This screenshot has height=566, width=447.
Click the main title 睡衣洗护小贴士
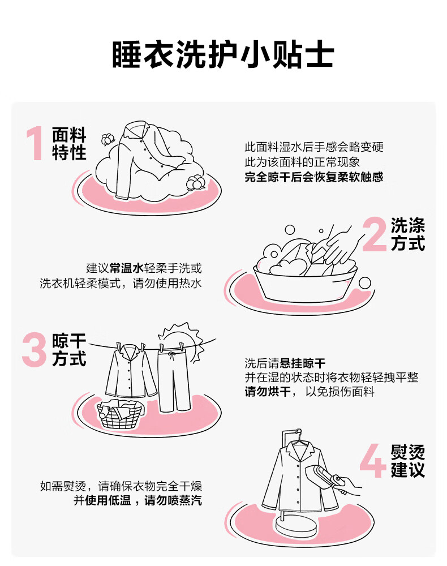tap(223, 55)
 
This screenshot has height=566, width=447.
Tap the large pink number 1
tap(35, 143)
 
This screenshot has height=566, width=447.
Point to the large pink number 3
tap(35, 349)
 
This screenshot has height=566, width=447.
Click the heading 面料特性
tap(69, 143)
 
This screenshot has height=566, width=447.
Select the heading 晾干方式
tap(69, 349)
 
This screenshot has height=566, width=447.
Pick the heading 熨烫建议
tap(408, 461)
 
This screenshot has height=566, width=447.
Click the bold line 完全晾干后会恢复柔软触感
tap(314, 177)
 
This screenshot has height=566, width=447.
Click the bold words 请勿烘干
tap(268, 392)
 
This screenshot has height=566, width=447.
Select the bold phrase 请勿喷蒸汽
tap(173, 500)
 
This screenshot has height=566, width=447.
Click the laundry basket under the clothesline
tap(121, 414)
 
